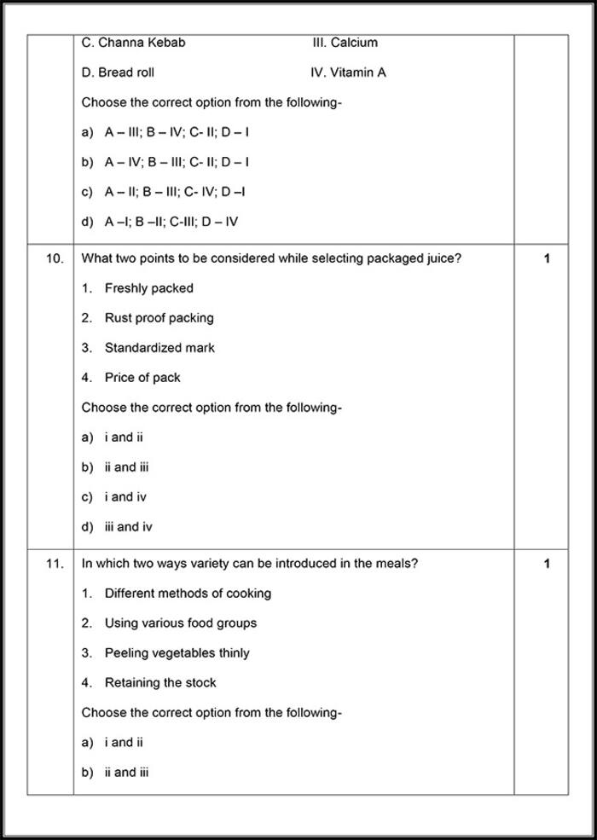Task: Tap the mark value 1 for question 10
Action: [x=547, y=258]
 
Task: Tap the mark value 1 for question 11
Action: [x=547, y=564]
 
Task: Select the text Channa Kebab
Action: [x=142, y=43]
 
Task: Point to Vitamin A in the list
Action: [x=358, y=72]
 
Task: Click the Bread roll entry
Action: [x=126, y=72]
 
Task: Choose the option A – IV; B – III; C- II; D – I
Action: [x=177, y=162]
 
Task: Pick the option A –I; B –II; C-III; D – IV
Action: [x=171, y=222]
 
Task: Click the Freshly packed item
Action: [x=149, y=288]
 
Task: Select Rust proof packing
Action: [x=159, y=318]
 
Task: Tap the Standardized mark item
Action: [x=159, y=348]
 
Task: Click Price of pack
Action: [x=142, y=378]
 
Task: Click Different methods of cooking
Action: [x=188, y=594]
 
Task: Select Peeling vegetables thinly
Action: [x=177, y=653]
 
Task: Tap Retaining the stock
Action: [x=160, y=683]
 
